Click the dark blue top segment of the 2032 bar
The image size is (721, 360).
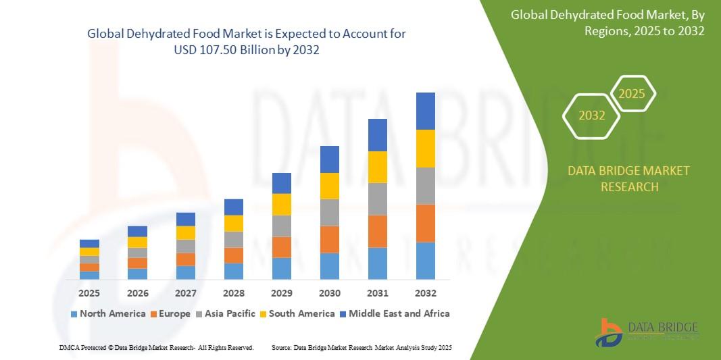tap(425, 111)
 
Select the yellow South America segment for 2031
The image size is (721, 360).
tap(377, 167)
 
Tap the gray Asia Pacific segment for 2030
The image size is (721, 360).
tap(329, 212)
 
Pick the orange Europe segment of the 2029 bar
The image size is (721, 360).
tap(281, 247)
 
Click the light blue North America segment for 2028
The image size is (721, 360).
tap(233, 271)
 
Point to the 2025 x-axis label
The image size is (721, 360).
tap(89, 293)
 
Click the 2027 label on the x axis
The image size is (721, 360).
tap(185, 293)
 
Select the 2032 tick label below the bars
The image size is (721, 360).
tap(425, 293)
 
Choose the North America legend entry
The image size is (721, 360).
tap(107, 313)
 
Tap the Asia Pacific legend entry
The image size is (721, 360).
tap(225, 313)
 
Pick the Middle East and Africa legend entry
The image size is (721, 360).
tap(395, 313)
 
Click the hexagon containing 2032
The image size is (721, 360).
tap(591, 115)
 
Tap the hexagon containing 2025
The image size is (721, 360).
tap(632, 94)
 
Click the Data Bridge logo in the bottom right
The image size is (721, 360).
tap(645, 332)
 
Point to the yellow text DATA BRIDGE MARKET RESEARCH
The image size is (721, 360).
tap(629, 178)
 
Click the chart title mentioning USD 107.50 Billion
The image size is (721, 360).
tap(246, 41)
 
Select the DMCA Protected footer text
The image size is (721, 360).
tap(156, 347)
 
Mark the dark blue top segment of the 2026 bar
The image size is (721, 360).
tap(137, 231)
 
